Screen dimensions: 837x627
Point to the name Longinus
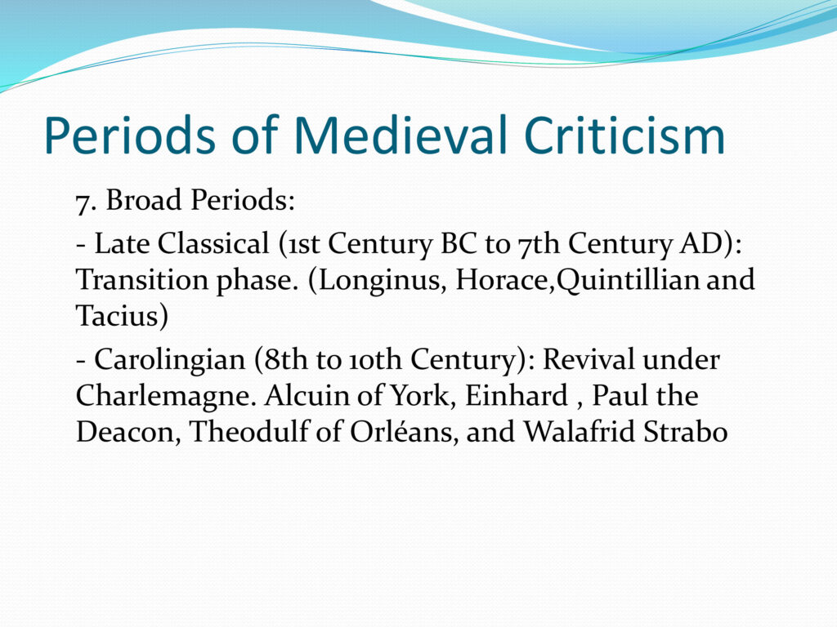[383, 281]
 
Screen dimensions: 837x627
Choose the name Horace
[503, 280]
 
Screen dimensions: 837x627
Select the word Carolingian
[169, 360]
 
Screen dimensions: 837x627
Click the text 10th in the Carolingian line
[375, 360]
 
